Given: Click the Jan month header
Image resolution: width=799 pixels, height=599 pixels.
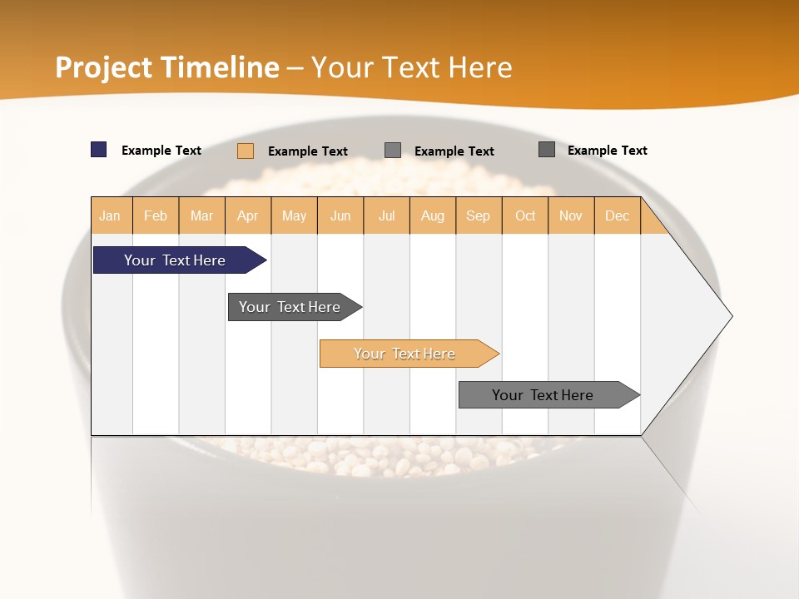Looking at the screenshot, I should pyautogui.click(x=111, y=215).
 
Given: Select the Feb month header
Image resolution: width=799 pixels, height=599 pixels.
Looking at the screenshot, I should pyautogui.click(x=156, y=215).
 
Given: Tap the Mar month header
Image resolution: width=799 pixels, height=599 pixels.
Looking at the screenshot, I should pyautogui.click(x=201, y=215).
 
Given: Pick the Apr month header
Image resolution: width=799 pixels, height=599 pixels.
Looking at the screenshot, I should pyautogui.click(x=248, y=215).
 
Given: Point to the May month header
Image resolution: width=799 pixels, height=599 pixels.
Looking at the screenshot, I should pyautogui.click(x=294, y=215).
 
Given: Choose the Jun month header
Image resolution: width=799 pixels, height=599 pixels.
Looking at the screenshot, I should pyautogui.click(x=340, y=215).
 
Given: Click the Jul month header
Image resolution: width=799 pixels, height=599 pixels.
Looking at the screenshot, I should pyautogui.click(x=386, y=215).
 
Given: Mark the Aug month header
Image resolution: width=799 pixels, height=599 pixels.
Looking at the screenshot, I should pyautogui.click(x=433, y=215).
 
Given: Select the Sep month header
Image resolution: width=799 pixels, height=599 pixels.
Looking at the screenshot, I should pyautogui.click(x=479, y=215).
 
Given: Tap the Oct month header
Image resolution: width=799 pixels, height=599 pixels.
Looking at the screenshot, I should pyautogui.click(x=525, y=215).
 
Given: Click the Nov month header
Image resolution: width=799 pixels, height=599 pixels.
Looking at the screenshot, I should pyautogui.click(x=571, y=215).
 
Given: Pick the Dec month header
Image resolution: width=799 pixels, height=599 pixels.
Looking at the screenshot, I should pyautogui.click(x=617, y=215).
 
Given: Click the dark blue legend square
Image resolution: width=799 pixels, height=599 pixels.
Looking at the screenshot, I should pyautogui.click(x=99, y=150).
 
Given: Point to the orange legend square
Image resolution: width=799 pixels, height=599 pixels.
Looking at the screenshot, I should pyautogui.click(x=246, y=151).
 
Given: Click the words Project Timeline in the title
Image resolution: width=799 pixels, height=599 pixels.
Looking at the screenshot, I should pyautogui.click(x=167, y=67).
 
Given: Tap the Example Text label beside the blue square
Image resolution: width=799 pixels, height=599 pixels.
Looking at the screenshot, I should pyautogui.click(x=161, y=151).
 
